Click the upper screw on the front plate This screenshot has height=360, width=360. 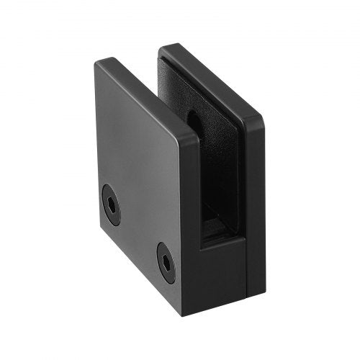[x=111, y=204]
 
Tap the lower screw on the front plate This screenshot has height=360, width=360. [x=166, y=262]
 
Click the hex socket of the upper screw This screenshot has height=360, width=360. [x=111, y=204]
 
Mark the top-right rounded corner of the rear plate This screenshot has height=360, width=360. [x=258, y=119]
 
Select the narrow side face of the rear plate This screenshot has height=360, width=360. [x=255, y=209]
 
